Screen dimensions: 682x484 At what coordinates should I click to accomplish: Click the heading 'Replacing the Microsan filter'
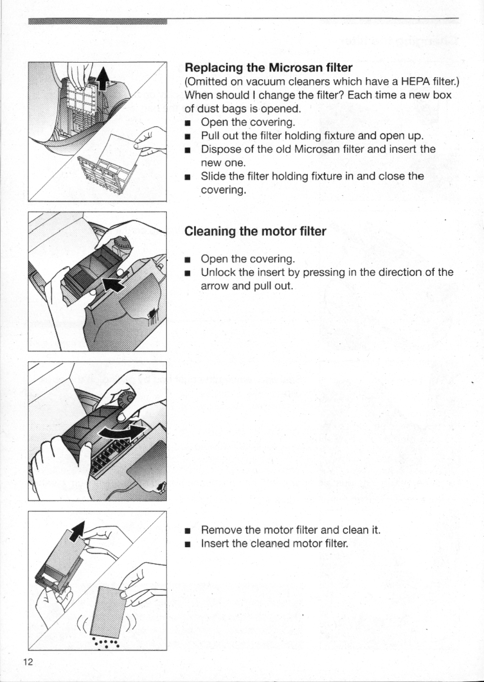(269, 68)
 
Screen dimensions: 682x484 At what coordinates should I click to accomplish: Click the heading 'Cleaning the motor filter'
(255, 231)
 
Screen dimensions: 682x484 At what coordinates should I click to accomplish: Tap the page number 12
(28, 663)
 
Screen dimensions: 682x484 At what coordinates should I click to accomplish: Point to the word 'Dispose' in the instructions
(219, 149)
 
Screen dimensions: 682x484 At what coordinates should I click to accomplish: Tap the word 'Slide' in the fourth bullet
(212, 176)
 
